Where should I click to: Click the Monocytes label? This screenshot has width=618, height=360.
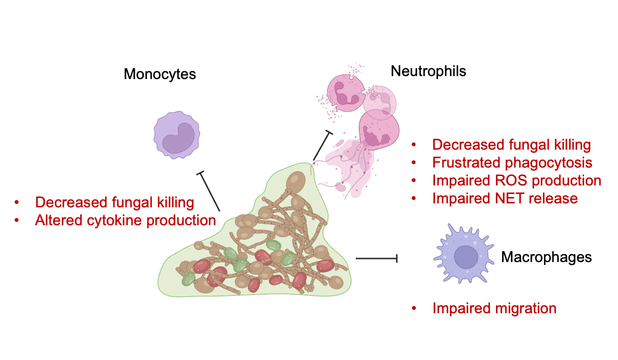tap(160, 75)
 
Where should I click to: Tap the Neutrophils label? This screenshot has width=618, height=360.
tap(428, 71)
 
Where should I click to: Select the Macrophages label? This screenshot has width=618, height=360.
tap(546, 257)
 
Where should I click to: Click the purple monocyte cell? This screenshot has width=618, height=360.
tap(177, 135)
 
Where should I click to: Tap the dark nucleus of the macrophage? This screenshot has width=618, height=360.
tap(466, 257)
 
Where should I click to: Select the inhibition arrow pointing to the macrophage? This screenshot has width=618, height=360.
tap(376, 259)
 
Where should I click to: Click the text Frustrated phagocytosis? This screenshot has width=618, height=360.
tap(512, 163)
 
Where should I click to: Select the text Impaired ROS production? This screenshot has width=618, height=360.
tap(516, 180)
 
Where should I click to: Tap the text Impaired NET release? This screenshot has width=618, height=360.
tap(505, 198)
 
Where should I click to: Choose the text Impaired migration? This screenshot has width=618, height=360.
tap(494, 308)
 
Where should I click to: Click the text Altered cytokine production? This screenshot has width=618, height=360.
tap(125, 220)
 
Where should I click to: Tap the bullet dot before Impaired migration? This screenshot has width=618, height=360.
tap(414, 309)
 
